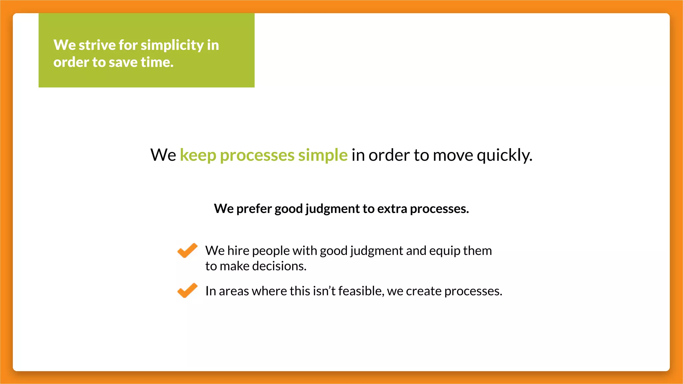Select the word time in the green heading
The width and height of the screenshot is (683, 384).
[x=157, y=62]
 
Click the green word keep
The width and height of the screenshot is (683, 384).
[x=198, y=155]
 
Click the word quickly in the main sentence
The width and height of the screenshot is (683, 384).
[x=504, y=155]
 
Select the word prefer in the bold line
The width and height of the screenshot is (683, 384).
[x=254, y=209]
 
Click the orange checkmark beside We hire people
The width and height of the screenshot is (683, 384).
[x=187, y=250]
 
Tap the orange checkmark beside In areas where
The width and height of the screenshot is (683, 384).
[x=187, y=290]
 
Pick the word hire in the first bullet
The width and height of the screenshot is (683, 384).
[x=238, y=251]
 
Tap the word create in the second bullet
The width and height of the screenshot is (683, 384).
[x=424, y=291]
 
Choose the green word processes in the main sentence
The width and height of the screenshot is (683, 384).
[x=257, y=155]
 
